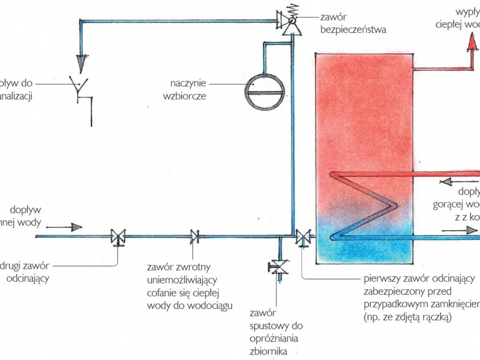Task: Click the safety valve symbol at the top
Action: tap(291, 22)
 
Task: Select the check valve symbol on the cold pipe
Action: tap(195, 236)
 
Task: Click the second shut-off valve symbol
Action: tap(118, 236)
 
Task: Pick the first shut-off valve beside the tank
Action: tap(302, 237)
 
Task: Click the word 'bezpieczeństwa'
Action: tap(353, 29)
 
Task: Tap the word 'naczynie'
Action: tap(188, 84)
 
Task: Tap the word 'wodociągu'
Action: tap(208, 305)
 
